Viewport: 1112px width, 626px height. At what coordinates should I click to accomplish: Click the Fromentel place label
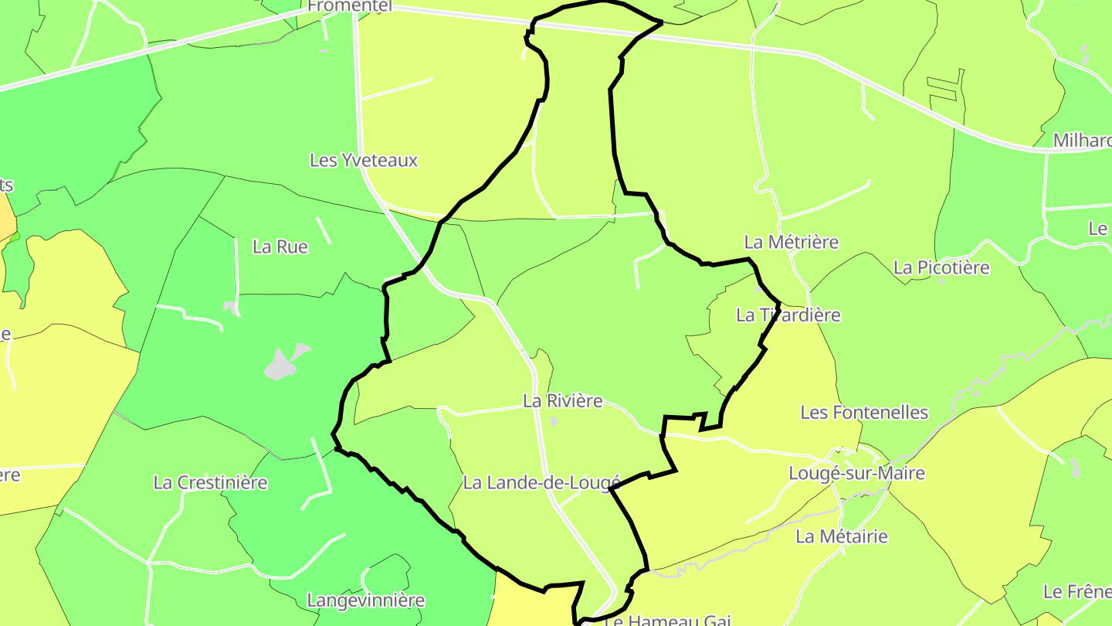350,6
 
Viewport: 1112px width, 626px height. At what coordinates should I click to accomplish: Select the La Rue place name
280,247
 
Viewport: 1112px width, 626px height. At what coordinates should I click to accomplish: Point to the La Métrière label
791,242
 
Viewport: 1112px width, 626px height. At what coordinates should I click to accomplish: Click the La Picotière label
941,267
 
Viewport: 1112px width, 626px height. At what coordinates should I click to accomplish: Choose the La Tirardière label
788,315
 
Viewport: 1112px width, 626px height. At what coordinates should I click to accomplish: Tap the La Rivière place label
562,401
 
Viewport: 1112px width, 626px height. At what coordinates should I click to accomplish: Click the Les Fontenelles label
864,413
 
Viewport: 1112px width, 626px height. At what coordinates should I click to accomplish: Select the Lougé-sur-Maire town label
856,473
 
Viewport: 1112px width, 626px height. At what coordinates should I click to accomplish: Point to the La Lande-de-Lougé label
541,483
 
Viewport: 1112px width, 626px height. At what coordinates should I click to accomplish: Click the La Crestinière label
210,483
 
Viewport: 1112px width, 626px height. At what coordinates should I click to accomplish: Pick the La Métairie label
842,536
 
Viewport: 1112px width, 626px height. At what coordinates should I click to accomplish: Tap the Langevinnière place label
366,600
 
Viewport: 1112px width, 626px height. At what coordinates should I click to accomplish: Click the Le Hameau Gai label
667,620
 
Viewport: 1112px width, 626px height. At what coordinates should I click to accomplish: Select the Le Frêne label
1076,592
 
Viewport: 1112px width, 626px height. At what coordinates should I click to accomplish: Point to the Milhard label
1081,141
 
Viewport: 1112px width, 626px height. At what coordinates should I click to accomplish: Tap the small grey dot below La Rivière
554,421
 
